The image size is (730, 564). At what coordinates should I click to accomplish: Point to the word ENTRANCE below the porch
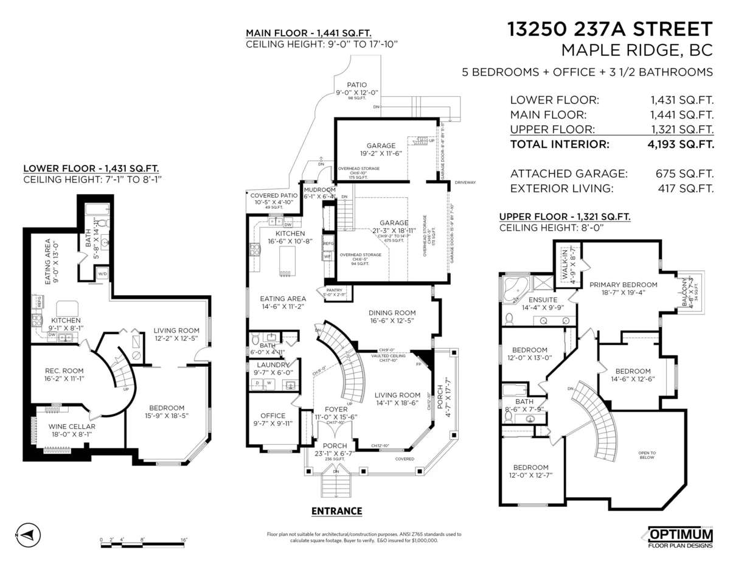coord(336,511)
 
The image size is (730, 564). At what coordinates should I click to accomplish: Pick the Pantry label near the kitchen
coord(334,290)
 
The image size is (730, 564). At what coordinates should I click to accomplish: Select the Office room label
coord(273,416)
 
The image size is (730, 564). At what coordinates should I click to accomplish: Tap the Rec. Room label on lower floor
coord(64,371)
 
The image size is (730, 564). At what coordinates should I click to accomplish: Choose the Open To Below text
coord(647,455)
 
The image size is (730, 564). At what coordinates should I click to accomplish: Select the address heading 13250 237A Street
coord(610,29)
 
